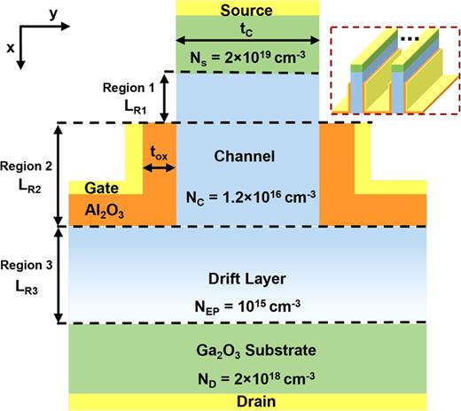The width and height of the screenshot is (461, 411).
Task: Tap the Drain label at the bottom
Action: (247, 400)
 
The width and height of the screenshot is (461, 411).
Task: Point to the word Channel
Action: (246, 156)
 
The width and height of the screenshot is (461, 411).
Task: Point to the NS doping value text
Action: (247, 56)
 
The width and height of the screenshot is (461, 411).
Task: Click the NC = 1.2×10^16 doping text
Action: (247, 198)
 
